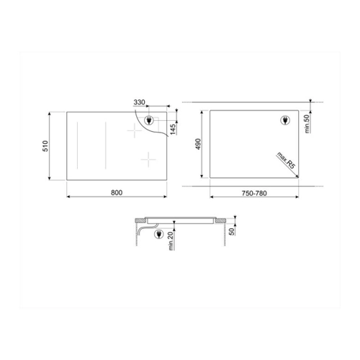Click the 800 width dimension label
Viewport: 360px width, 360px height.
coord(117,192)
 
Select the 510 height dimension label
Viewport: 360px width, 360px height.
coord(45,146)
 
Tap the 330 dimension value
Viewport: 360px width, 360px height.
coord(139,102)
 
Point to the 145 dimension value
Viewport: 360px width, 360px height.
coord(173,129)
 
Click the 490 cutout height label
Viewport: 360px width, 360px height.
coord(198,144)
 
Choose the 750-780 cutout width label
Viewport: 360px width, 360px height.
coord(254,193)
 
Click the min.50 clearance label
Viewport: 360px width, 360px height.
coord(307,124)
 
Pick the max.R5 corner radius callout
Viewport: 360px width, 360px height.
coord(286,161)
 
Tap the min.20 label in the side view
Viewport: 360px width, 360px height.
coord(171,241)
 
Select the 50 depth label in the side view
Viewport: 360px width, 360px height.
coord(231,231)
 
